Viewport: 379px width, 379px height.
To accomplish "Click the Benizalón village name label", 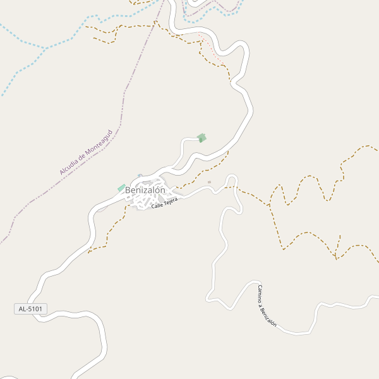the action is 145,190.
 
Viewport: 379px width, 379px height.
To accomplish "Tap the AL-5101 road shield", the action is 30,309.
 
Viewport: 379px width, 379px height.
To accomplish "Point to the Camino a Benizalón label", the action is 267,306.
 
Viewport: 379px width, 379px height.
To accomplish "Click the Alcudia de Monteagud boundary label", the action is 86,153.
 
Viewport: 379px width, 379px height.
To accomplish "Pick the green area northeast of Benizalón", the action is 202,138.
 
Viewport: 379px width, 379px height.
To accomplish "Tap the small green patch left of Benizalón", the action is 121,188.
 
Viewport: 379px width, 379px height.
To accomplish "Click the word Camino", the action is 261,294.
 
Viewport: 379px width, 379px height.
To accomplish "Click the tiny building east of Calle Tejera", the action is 209,183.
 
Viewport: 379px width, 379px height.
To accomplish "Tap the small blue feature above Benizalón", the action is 140,176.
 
